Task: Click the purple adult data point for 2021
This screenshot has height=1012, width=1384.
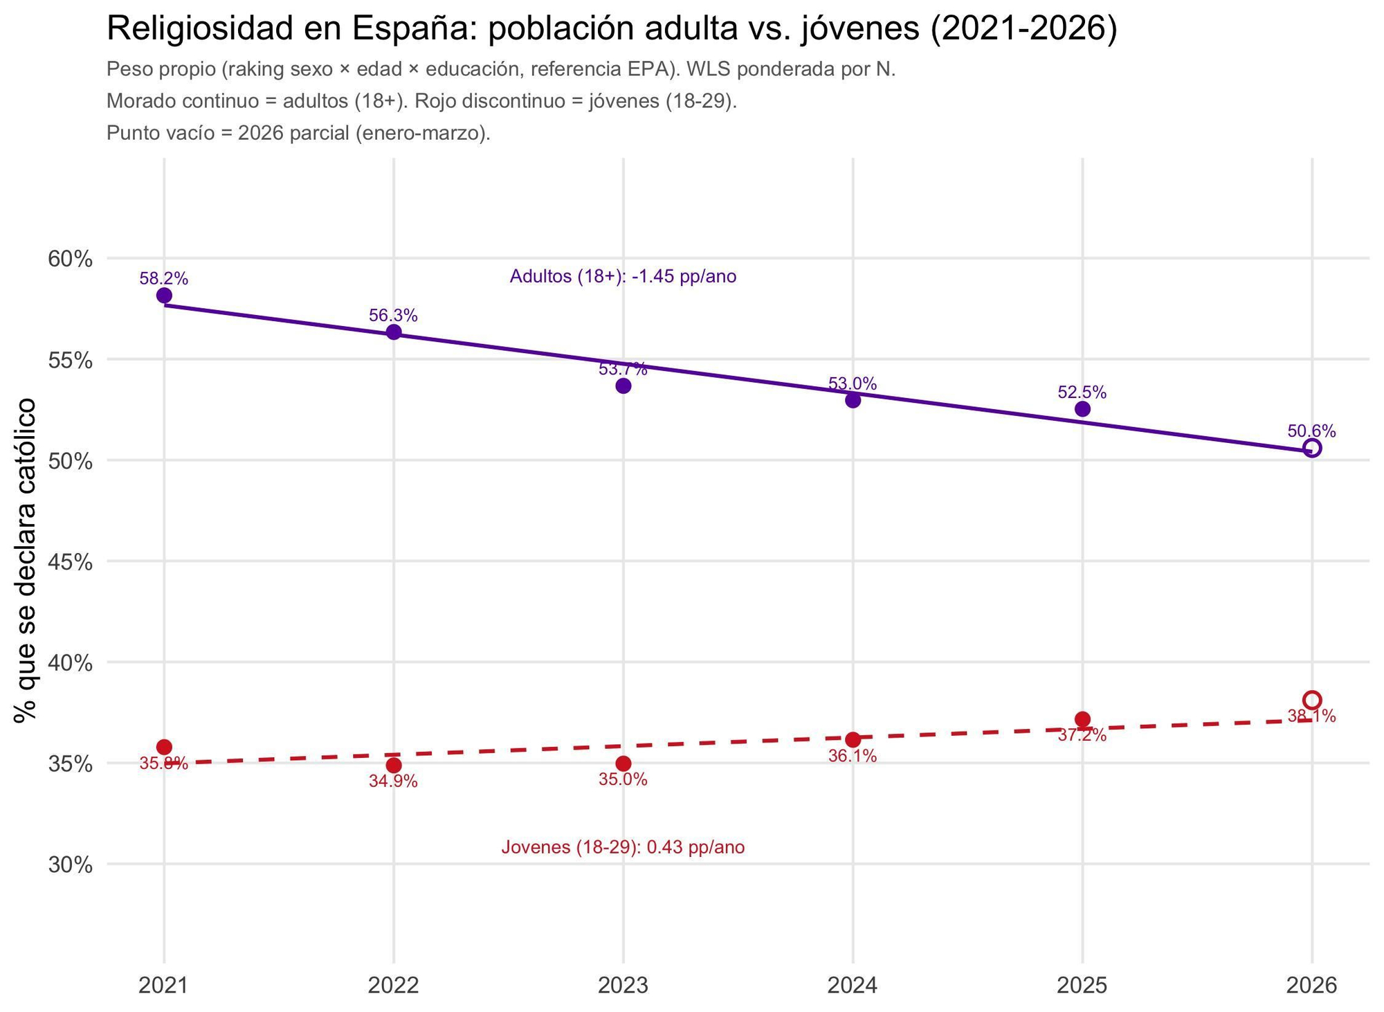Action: [x=164, y=296]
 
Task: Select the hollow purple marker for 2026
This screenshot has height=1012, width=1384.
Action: [x=1312, y=448]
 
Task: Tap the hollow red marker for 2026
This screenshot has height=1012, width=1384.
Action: [x=1312, y=700]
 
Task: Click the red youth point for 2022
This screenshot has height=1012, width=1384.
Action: [x=394, y=765]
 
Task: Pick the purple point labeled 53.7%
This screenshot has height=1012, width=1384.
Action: [x=623, y=386]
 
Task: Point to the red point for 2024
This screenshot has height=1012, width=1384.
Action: [x=853, y=739]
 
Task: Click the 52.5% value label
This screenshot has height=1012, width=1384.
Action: [x=1082, y=392]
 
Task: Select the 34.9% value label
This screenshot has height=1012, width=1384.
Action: [x=393, y=781]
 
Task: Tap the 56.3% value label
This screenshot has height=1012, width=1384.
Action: [x=393, y=316]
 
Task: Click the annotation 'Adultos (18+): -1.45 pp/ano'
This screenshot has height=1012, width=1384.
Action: [x=623, y=277]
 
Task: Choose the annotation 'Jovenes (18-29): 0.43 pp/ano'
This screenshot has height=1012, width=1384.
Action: [x=623, y=847]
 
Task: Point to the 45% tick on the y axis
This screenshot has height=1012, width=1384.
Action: [x=70, y=562]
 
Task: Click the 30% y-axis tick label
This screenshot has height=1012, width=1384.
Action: [x=70, y=865]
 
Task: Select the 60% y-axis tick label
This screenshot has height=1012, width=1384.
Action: [x=70, y=260]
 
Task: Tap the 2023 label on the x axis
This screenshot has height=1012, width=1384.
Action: [x=623, y=985]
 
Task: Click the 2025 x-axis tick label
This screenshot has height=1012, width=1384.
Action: [x=1082, y=985]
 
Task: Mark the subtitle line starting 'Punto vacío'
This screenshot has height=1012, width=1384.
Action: [x=298, y=133]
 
